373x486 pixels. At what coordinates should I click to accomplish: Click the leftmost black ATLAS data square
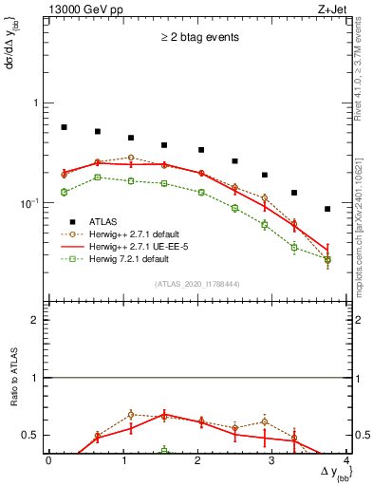click(x=64, y=127)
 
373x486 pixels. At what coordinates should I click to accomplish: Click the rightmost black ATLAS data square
click(x=327, y=209)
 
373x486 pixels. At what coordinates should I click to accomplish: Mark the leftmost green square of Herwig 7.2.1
click(x=64, y=192)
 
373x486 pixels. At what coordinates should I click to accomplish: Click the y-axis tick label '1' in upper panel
click(x=37, y=103)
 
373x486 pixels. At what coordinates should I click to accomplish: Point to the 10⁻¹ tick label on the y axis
click(x=31, y=202)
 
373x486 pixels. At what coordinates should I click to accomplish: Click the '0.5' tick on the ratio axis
click(x=32, y=436)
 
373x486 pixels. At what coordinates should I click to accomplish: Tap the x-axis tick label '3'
click(x=271, y=460)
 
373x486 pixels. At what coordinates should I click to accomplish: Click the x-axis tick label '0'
click(x=48, y=460)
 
